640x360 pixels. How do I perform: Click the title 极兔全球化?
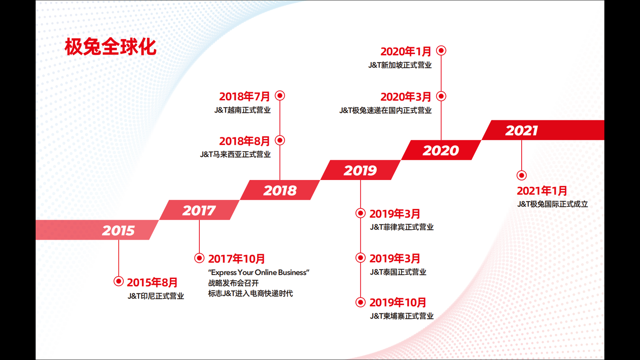coord(110,47)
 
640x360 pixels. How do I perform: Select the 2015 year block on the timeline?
coord(118,230)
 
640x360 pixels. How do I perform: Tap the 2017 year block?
coord(199,210)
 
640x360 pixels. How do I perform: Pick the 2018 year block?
coord(280,190)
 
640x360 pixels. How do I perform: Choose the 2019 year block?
coord(360,171)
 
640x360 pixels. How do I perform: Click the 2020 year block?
coord(441,150)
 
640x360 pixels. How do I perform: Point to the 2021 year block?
coord(522,130)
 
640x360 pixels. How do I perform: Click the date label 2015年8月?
coord(152,283)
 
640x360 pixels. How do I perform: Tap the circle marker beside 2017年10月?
coord(199,258)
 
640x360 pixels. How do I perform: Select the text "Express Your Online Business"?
coord(259,272)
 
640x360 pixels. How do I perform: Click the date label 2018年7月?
coord(244,96)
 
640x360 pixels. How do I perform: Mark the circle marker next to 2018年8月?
coord(280,140)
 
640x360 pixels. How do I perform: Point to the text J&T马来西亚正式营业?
coord(235,154)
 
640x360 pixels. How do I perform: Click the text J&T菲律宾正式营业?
coord(401,227)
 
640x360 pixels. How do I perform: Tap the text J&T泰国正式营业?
coord(398,272)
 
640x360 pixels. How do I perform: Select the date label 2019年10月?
coord(397,302)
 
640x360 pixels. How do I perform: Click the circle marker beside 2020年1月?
coord(441,51)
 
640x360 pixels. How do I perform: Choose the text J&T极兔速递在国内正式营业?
coord(385,110)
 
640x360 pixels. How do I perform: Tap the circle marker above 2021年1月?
coord(522,175)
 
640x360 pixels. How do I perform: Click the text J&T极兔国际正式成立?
coord(552,204)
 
